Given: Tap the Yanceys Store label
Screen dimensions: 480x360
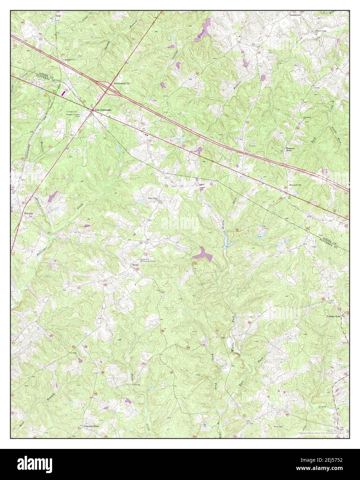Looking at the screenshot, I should pos(91,426).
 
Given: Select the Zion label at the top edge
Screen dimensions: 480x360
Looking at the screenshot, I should pos(58,16).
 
